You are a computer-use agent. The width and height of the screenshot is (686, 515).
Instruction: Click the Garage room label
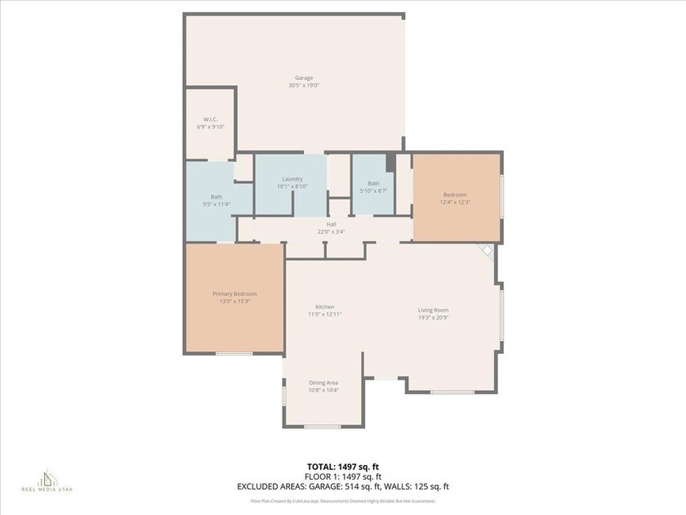(304, 78)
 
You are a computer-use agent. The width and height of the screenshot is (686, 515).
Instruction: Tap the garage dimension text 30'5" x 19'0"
(304, 86)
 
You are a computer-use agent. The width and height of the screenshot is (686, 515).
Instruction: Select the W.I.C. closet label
(210, 119)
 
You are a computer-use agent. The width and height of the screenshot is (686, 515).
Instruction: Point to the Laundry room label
(292, 179)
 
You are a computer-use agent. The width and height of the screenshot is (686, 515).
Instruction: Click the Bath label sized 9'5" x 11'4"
(216, 196)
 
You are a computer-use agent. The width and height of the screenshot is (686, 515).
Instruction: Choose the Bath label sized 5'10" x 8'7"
(373, 183)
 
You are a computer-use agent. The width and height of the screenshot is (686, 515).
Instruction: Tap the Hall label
(332, 224)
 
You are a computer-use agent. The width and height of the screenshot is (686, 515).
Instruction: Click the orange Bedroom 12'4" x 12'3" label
(455, 195)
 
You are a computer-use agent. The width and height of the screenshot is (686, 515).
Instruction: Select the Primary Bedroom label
(234, 293)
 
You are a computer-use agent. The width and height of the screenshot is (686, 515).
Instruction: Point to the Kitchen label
(324, 307)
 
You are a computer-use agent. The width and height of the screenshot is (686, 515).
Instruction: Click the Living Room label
(433, 310)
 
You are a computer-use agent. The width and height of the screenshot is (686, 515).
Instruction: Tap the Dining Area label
(323, 383)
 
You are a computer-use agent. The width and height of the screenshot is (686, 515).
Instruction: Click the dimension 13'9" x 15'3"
(234, 301)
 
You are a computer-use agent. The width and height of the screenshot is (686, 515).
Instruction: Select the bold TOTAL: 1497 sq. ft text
(342, 466)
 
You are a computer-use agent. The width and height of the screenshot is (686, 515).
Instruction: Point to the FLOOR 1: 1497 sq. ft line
(342, 476)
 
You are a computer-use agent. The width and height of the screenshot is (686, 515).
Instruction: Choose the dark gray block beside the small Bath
(390, 162)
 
